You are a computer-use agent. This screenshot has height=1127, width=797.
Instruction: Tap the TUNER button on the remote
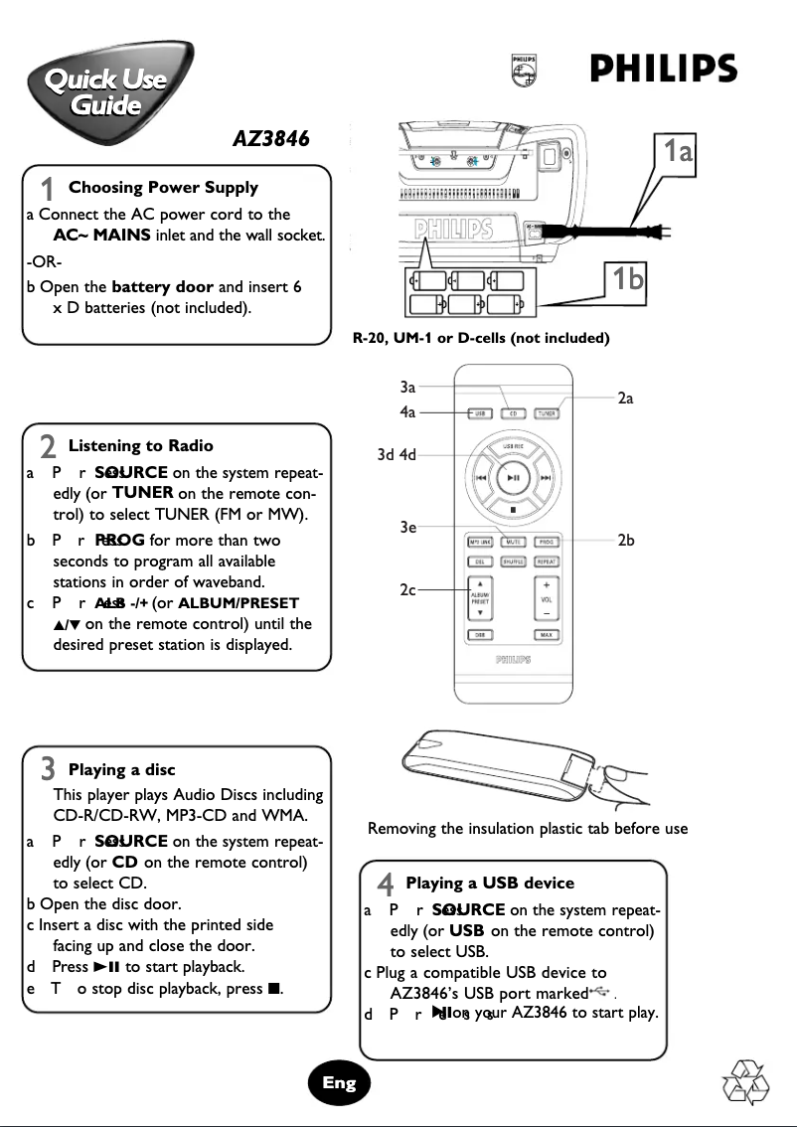(x=546, y=413)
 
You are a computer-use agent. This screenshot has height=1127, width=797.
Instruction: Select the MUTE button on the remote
(x=512, y=543)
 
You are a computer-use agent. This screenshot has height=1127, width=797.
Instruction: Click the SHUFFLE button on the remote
(x=512, y=562)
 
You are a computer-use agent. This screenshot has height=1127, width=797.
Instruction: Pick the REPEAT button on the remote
(x=547, y=562)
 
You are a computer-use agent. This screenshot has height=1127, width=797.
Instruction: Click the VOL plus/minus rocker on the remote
(x=547, y=598)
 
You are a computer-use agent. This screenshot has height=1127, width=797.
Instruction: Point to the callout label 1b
(x=626, y=279)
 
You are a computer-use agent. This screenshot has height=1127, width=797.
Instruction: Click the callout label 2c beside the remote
(x=407, y=590)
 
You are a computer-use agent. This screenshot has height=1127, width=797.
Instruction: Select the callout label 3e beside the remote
(x=407, y=528)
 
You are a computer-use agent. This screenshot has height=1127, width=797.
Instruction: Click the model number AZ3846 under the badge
(x=270, y=139)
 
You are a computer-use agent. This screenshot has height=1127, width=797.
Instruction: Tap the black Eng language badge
(x=339, y=1083)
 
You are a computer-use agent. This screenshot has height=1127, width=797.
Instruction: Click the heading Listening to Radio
(x=140, y=445)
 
